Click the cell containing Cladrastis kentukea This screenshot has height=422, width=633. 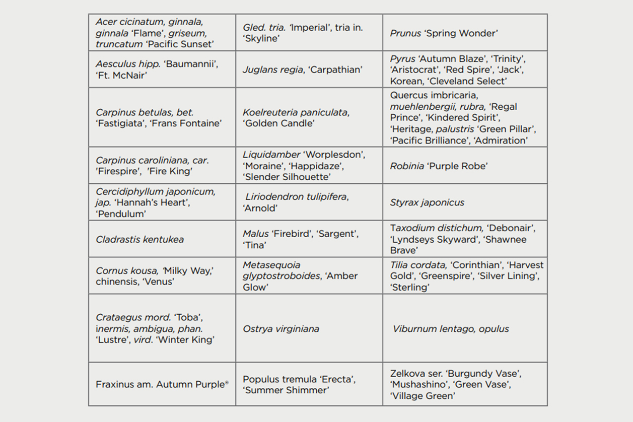click(x=162, y=239)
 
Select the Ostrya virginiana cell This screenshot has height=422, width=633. click(x=309, y=328)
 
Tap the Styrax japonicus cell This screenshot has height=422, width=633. click(x=465, y=202)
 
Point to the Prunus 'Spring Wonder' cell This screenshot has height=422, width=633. click(x=465, y=33)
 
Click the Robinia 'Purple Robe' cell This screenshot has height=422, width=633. click(x=465, y=166)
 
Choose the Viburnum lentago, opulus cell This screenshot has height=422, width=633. click(x=465, y=328)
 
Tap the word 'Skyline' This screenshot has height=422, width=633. click(x=262, y=38)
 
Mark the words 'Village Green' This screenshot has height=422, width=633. click(x=423, y=396)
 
